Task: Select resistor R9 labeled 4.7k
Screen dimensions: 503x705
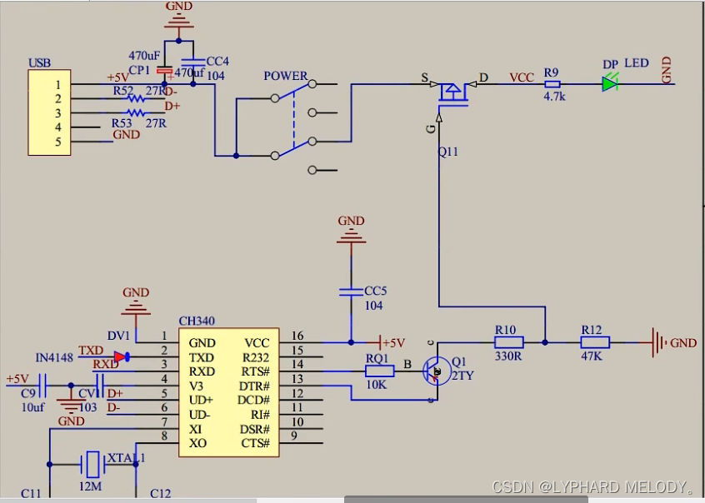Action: pos(552,83)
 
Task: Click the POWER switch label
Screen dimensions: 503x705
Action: pos(285,77)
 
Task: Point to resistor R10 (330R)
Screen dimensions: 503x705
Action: pos(507,341)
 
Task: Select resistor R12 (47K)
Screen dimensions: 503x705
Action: pos(595,341)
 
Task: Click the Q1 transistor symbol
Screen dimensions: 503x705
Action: pos(434,371)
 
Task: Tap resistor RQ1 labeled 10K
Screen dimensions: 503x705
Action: pos(377,371)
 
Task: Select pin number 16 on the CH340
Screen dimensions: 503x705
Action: pos(297,336)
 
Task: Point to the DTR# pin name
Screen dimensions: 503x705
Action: pos(253,386)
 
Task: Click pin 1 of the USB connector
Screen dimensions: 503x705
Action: pos(57,84)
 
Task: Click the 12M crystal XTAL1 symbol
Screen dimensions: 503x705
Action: pos(92,461)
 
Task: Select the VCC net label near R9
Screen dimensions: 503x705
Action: pos(522,77)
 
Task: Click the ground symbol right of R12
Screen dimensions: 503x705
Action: pos(657,341)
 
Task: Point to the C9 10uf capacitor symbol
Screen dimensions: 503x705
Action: pos(42,386)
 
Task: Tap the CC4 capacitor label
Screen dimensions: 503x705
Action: pos(217,61)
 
